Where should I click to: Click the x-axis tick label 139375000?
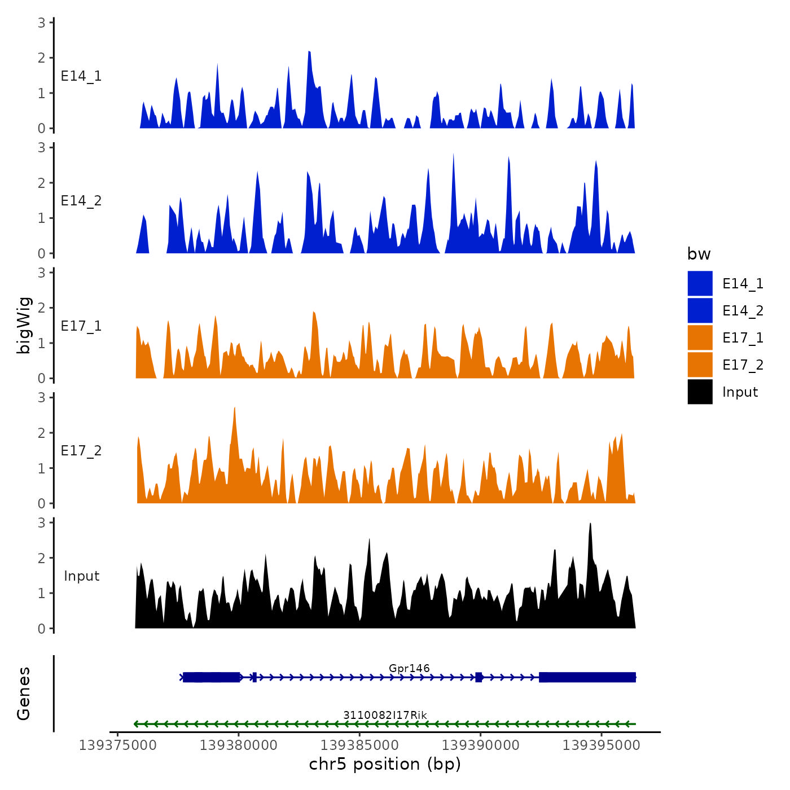117,745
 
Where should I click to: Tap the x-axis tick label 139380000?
238,745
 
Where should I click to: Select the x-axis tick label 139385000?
359,745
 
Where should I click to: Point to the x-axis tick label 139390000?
480,745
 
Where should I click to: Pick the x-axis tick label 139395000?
602,745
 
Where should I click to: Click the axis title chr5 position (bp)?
385,765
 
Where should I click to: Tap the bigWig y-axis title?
24,325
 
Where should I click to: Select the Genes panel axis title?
24,694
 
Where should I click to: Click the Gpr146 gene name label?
409,669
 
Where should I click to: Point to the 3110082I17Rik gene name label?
385,716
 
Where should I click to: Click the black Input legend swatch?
700,392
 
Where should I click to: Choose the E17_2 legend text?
743,365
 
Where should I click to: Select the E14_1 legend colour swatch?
700,283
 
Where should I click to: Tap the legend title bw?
699,254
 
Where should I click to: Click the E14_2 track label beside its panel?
81,201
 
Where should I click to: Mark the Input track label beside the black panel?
81,576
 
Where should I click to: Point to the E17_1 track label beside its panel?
81,326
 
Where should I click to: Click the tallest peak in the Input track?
591,525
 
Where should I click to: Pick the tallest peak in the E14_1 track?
309,52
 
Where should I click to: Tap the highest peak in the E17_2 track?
234,409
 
